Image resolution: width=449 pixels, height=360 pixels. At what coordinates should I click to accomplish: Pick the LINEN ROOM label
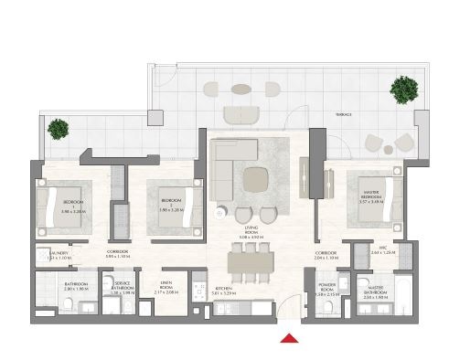pyautogui.click(x=166, y=285)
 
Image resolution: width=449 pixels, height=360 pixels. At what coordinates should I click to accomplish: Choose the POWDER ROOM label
pyautogui.click(x=328, y=286)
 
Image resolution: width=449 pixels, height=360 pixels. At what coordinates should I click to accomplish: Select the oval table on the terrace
pyautogui.click(x=241, y=90)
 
